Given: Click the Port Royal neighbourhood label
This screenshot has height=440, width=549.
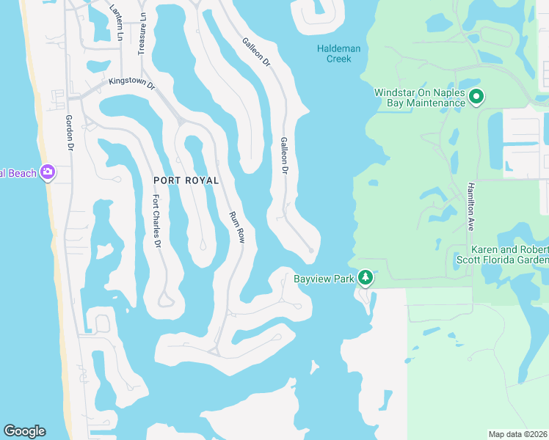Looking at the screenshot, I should [186, 180].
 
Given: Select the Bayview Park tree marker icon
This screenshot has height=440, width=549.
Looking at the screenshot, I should [365, 279].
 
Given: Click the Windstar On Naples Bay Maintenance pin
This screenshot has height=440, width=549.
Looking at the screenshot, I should [476, 97].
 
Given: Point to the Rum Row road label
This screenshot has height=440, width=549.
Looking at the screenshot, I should [236, 227].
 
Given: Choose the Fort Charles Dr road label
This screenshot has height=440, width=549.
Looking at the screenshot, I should [156, 221].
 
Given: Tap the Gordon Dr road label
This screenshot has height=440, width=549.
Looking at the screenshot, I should [70, 133].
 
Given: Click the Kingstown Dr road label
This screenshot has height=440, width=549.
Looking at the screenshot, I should [132, 83].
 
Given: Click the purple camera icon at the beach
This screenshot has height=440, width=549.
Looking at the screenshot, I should [48, 173].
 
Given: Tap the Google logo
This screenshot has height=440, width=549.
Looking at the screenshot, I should [24, 431].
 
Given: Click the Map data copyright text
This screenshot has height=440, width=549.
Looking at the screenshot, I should [517, 434].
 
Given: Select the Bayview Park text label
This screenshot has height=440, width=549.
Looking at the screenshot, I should [324, 279].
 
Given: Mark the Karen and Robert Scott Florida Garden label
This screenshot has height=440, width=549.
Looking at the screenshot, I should [509, 254].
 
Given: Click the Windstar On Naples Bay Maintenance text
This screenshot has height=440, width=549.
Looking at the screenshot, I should [420, 98].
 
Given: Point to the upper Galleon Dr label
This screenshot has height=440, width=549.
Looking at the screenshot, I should [257, 54].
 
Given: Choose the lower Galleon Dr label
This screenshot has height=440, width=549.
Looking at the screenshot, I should [284, 155].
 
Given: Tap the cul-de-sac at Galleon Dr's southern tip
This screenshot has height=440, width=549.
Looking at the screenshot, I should [311, 251].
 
